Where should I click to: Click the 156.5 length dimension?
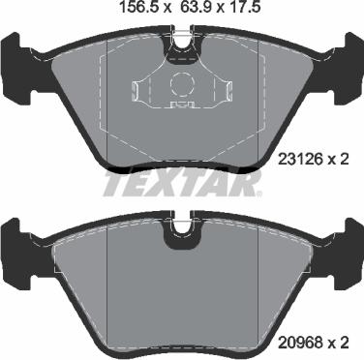(x=140, y=7)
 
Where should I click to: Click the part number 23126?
(x=301, y=159)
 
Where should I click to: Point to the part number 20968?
(x=301, y=343)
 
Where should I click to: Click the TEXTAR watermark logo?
(x=183, y=185)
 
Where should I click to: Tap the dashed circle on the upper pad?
(x=182, y=84)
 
